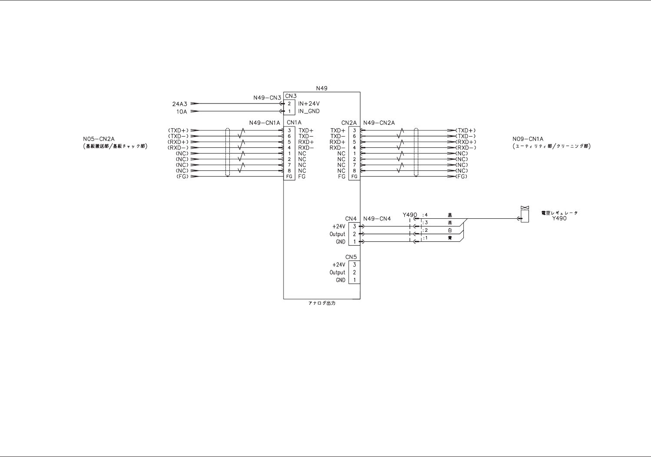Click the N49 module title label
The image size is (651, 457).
(x=321, y=88)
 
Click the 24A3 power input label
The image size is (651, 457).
(x=179, y=104)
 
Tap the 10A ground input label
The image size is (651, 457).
(x=182, y=112)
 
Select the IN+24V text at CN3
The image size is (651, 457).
(x=309, y=104)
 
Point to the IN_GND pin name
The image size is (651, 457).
(x=309, y=111)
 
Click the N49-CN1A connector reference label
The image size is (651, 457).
(x=264, y=123)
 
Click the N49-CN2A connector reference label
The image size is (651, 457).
(x=379, y=123)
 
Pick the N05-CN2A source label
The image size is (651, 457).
(x=99, y=139)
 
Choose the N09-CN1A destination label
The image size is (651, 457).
(x=528, y=139)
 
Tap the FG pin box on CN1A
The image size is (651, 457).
(x=289, y=177)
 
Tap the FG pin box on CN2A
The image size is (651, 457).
(x=354, y=177)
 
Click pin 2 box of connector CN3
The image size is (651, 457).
(x=289, y=104)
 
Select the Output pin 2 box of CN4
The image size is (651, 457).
(x=354, y=234)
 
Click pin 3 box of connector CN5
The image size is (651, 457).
(x=354, y=265)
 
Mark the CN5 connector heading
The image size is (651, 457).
(x=351, y=257)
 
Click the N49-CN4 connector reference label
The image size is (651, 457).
(x=377, y=219)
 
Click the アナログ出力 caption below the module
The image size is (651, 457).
(x=321, y=303)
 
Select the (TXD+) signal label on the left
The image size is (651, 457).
(x=178, y=130)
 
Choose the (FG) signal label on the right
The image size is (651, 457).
(x=461, y=177)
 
